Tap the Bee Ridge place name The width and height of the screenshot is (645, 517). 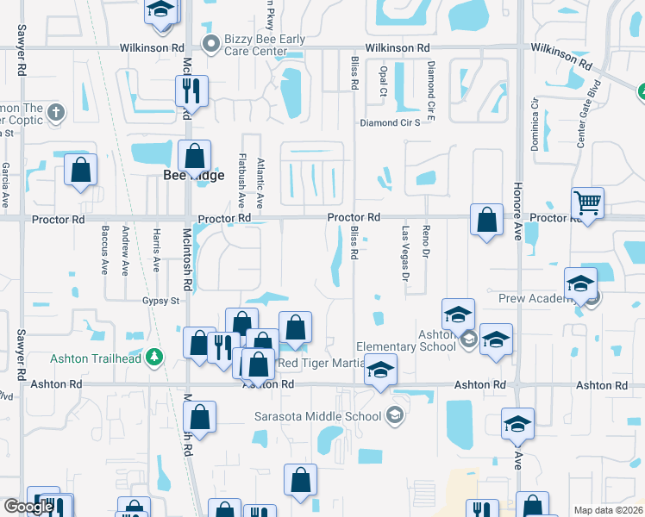tap(194, 175)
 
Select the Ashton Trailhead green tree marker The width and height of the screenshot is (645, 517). tap(154, 356)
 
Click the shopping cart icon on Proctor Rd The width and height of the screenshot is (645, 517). tap(587, 204)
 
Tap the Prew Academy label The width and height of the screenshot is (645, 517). tap(535, 299)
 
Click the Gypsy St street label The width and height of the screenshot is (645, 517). tap(160, 301)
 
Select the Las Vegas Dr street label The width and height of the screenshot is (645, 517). tap(404, 253)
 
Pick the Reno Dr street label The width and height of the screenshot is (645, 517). tap(426, 242)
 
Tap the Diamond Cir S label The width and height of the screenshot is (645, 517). tap(390, 122)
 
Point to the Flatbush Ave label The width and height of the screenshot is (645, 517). tap(241, 179)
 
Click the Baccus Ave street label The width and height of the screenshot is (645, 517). tap(104, 250)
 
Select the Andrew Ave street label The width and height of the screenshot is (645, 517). tap(126, 250)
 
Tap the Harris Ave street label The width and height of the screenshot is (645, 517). tap(156, 250)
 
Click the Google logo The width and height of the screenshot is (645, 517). tap(28, 507)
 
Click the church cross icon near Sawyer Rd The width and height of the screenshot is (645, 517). tap(55, 111)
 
